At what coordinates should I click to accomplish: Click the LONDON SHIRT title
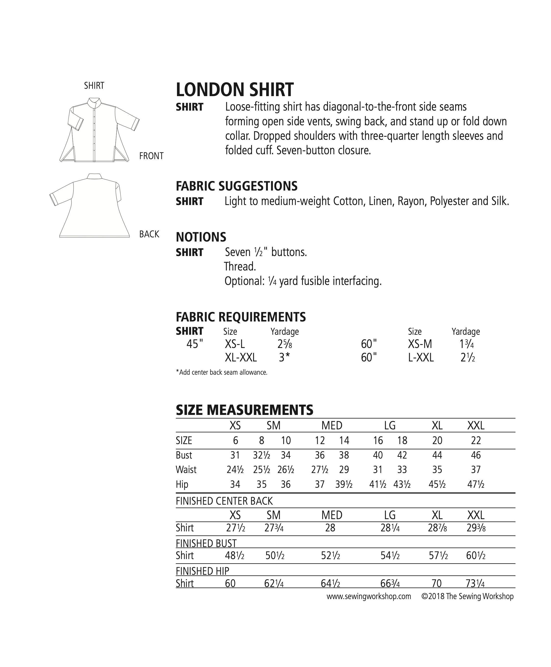click(235, 90)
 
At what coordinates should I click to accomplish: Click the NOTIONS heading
click(201, 237)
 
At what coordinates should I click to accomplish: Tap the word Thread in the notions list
click(240, 266)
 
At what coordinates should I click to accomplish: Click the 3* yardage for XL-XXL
click(284, 358)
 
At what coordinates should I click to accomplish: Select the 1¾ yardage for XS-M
click(467, 344)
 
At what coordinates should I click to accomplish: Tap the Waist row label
click(186, 470)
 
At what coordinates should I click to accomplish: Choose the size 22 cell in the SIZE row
click(476, 440)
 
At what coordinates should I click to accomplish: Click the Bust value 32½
click(262, 455)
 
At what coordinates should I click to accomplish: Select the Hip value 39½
click(344, 484)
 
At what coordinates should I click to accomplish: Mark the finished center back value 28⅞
click(437, 528)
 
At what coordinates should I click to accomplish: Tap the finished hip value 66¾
click(390, 583)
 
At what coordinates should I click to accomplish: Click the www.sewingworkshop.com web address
click(369, 596)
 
